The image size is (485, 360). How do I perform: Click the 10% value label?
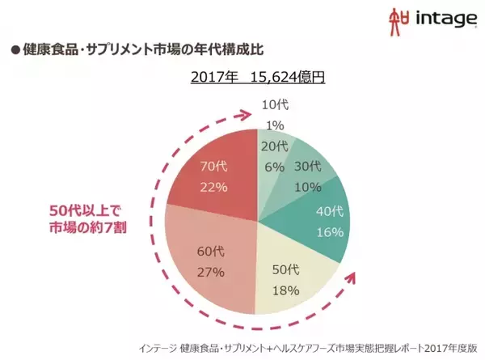(x=307, y=185)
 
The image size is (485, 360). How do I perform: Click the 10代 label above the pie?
(x=276, y=105)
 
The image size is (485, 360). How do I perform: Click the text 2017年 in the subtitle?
(x=215, y=78)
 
